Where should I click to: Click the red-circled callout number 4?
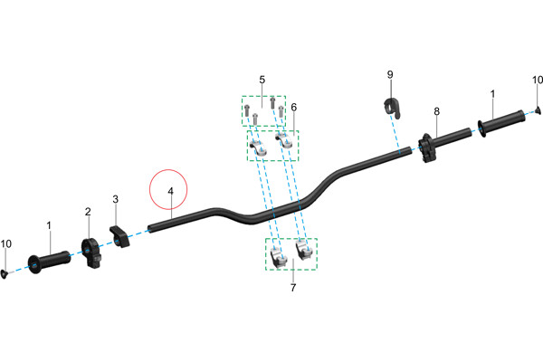170,191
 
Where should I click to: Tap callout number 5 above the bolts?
262,80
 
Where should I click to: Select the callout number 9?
390,74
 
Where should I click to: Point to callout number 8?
437,111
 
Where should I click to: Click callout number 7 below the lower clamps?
293,288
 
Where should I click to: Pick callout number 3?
115,199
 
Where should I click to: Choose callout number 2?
88,212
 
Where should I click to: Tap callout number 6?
293,108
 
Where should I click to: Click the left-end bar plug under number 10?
5,274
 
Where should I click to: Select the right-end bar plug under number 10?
538,110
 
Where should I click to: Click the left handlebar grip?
49,262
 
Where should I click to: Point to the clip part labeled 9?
393,108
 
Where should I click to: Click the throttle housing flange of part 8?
425,148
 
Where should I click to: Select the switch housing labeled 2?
91,252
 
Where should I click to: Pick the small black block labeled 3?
119,236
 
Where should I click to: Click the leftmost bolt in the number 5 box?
247,110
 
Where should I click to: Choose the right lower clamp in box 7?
305,250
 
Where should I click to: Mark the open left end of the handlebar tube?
150,229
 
